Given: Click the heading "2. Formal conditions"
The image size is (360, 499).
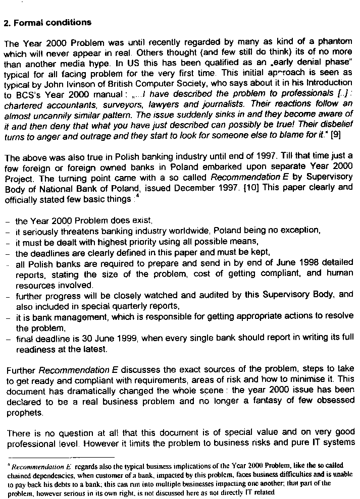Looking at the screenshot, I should tap(47, 22).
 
